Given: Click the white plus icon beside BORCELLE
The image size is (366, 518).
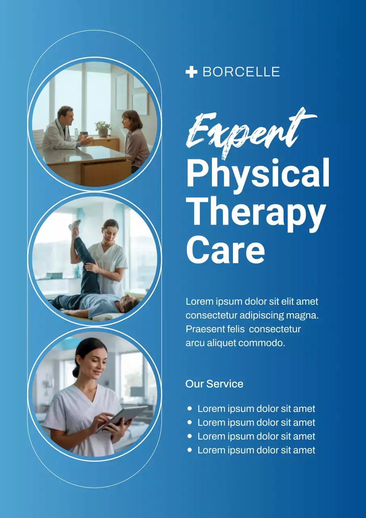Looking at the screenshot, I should [x=191, y=72].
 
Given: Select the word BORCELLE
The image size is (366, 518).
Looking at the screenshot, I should [x=241, y=72].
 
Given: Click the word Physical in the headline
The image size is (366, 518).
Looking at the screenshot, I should [x=258, y=173].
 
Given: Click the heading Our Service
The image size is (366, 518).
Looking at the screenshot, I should [x=214, y=384].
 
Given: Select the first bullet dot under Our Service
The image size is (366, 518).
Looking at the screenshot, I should [x=190, y=409].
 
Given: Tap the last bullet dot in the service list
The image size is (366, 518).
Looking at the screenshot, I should [x=190, y=450].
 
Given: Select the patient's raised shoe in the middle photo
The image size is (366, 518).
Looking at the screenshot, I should [x=74, y=225].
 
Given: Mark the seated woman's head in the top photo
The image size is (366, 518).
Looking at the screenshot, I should [x=132, y=121].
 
